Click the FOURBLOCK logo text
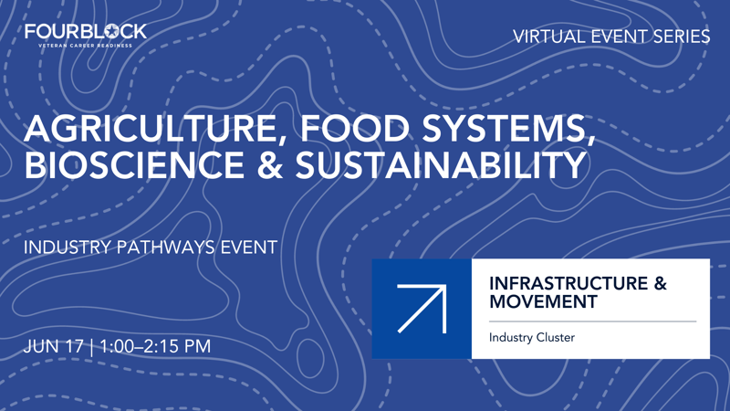pyautogui.click(x=85, y=32)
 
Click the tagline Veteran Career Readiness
pyautogui.click(x=86, y=45)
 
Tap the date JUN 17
pyautogui.click(x=54, y=347)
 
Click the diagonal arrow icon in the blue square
pyautogui.click(x=422, y=309)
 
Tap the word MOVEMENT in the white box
pyautogui.click(x=543, y=301)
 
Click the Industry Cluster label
pyautogui.click(x=532, y=338)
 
